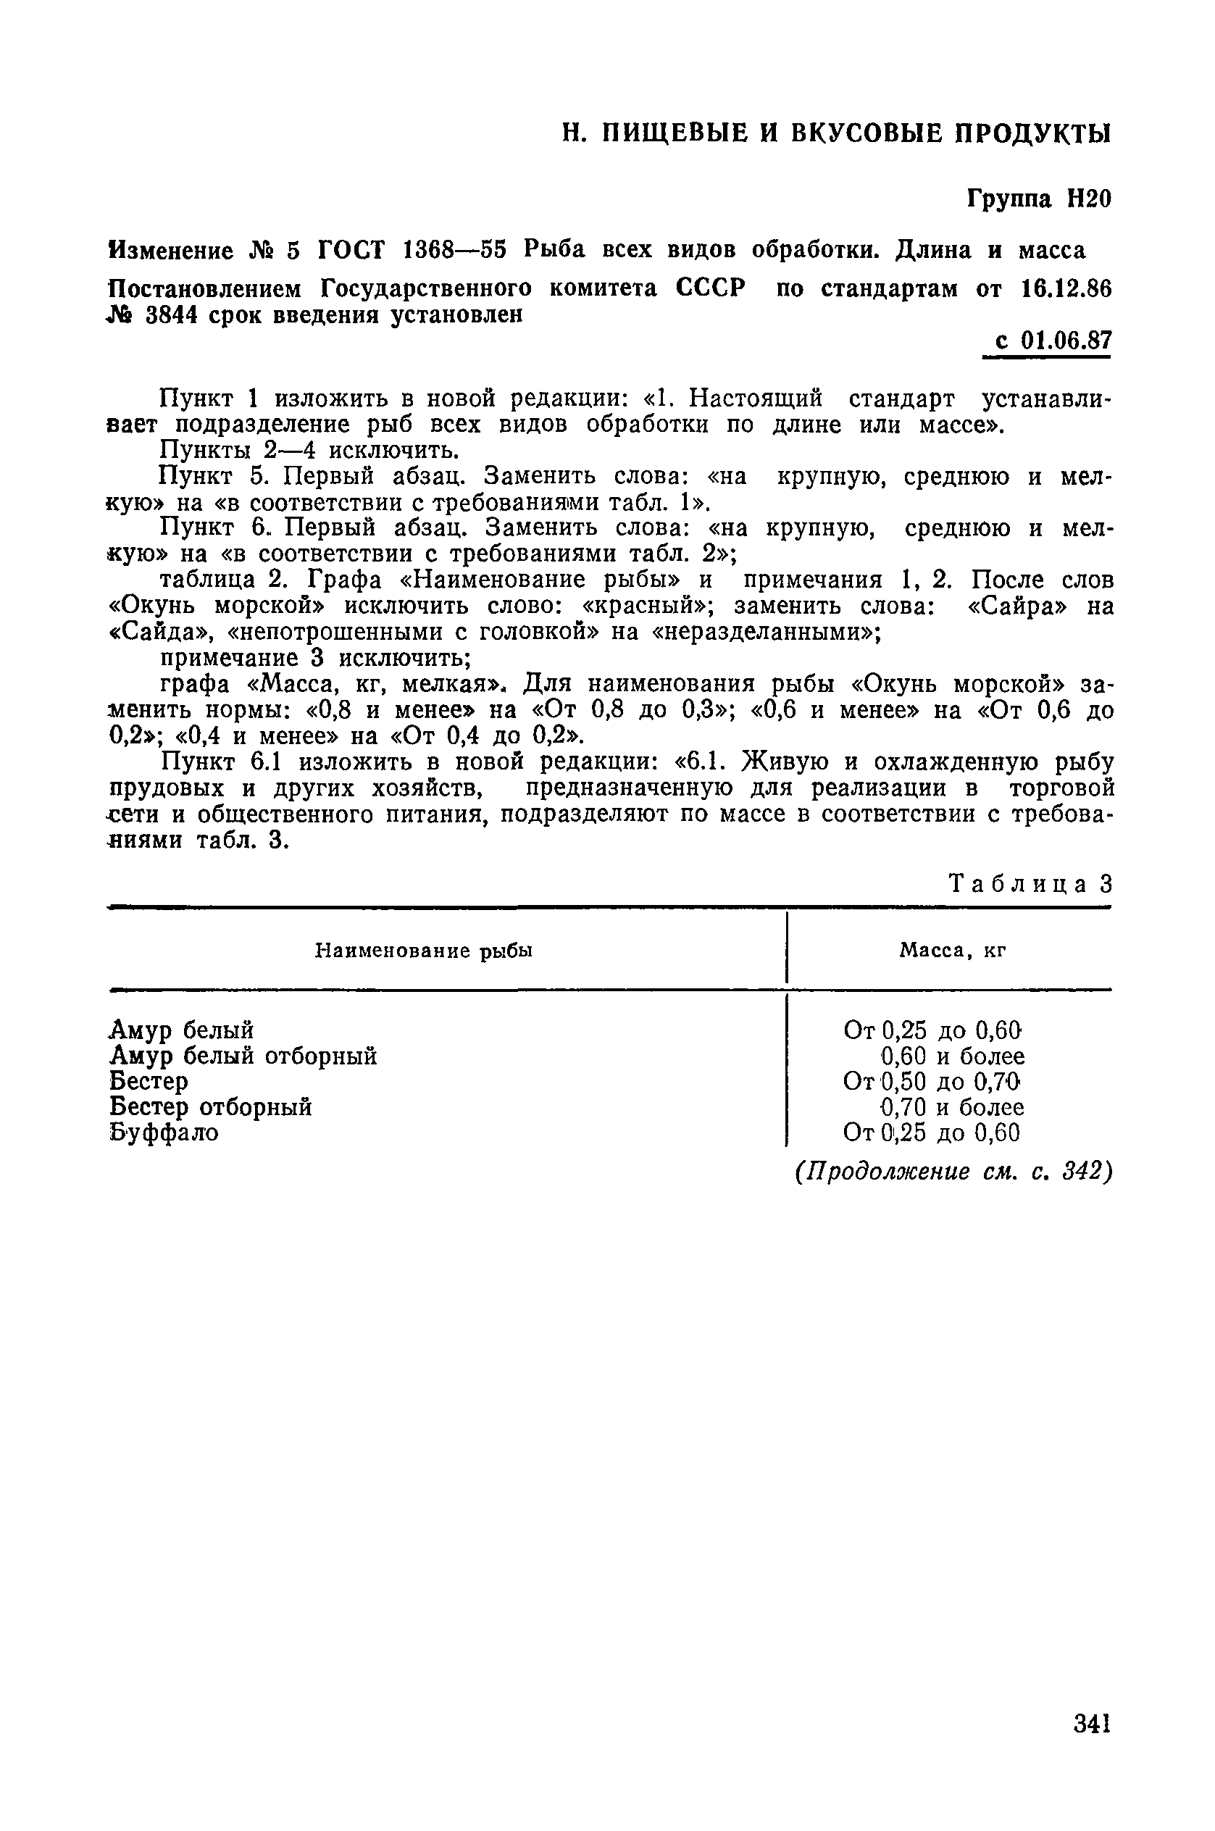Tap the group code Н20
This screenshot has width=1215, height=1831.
click(1089, 199)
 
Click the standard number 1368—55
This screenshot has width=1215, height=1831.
click(455, 250)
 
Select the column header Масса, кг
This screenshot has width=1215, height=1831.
click(952, 951)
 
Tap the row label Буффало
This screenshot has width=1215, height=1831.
click(164, 1132)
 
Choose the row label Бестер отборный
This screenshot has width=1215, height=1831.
click(211, 1106)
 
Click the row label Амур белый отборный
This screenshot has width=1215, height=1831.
click(243, 1056)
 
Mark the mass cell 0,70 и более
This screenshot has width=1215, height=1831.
click(952, 1106)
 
